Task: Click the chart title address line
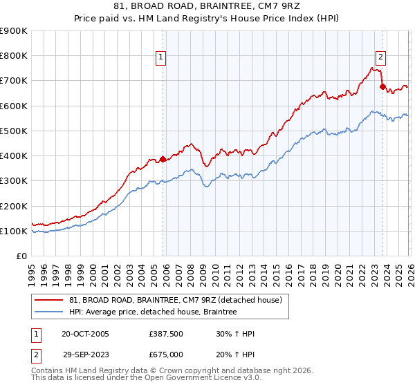[207, 6]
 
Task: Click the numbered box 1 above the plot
[161, 58]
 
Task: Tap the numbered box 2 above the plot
[381, 58]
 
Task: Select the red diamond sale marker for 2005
[163, 159]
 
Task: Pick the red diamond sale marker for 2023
[382, 87]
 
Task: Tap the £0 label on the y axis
[21, 256]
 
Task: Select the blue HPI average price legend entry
[153, 312]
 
